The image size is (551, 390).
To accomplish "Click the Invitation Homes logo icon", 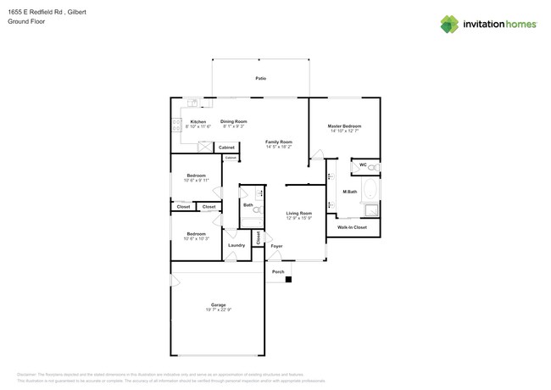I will (448, 25).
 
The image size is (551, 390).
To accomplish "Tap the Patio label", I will (261, 78).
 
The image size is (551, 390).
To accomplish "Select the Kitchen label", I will (198, 121).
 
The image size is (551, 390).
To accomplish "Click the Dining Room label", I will (234, 121).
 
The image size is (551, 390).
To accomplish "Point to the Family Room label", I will (278, 142).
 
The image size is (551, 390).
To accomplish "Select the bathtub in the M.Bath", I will (371, 189).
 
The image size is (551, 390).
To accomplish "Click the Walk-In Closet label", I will (352, 227).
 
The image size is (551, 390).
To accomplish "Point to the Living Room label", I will (298, 213).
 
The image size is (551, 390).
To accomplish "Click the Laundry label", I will (237, 245).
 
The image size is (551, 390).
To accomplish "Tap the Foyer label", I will (276, 246).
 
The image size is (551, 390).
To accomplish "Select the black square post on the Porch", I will (289, 279).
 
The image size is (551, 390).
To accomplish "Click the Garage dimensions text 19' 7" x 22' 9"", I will (218, 309).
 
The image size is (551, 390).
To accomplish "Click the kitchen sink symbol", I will (193, 103).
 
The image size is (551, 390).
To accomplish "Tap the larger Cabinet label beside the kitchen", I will (226, 148).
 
